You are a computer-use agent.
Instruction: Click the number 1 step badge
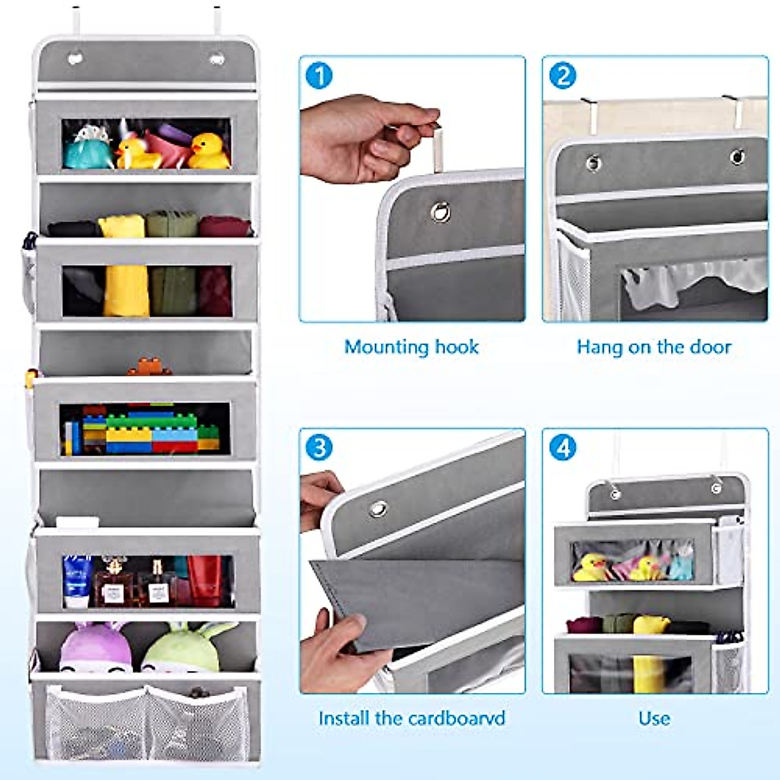click(x=319, y=75)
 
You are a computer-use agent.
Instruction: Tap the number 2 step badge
click(x=562, y=75)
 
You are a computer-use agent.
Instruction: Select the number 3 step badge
click(x=319, y=448)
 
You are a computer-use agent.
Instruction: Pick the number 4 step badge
click(x=562, y=448)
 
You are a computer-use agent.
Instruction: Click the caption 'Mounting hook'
click(x=411, y=347)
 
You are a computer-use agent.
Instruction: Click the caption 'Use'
click(x=654, y=718)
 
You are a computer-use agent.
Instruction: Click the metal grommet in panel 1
click(x=439, y=211)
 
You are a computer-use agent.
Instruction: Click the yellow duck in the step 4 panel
click(x=589, y=567)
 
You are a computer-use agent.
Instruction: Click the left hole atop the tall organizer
click(x=76, y=58)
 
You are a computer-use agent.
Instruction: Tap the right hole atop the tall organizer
click(x=215, y=59)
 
